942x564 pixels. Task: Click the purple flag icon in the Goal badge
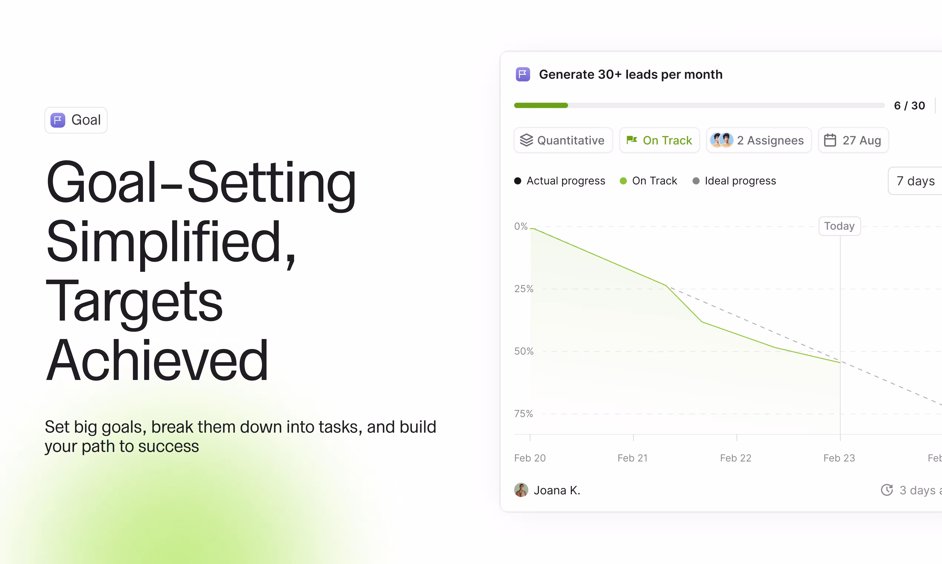58,120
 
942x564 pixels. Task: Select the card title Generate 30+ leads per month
630,75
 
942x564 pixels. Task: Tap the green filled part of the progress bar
541,105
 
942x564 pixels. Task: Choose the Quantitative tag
563,140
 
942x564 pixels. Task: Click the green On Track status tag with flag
659,140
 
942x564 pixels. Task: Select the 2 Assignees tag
759,140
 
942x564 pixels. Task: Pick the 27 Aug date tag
853,140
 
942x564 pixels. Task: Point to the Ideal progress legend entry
734,181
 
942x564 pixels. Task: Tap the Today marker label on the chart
839,226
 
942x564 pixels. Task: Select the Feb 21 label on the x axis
633,458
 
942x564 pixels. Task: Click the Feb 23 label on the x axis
839,458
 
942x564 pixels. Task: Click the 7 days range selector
915,181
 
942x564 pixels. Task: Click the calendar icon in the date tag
830,140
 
